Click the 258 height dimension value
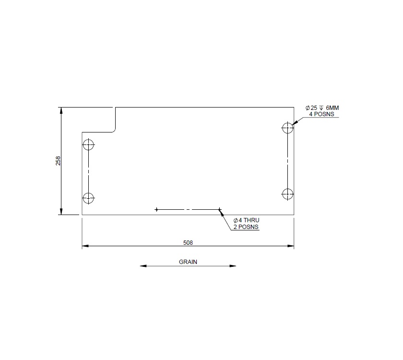58,161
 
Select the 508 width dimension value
188,242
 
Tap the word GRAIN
188,262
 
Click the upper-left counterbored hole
89,144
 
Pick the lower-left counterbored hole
89,197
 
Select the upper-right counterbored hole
287,128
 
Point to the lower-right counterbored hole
287,194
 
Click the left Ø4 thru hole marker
156,209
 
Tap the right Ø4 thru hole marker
219,209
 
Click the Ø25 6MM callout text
322,108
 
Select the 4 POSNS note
321,114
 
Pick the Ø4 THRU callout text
246,220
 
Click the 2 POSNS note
246,227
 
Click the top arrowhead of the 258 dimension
61,110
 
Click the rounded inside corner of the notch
114,130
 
